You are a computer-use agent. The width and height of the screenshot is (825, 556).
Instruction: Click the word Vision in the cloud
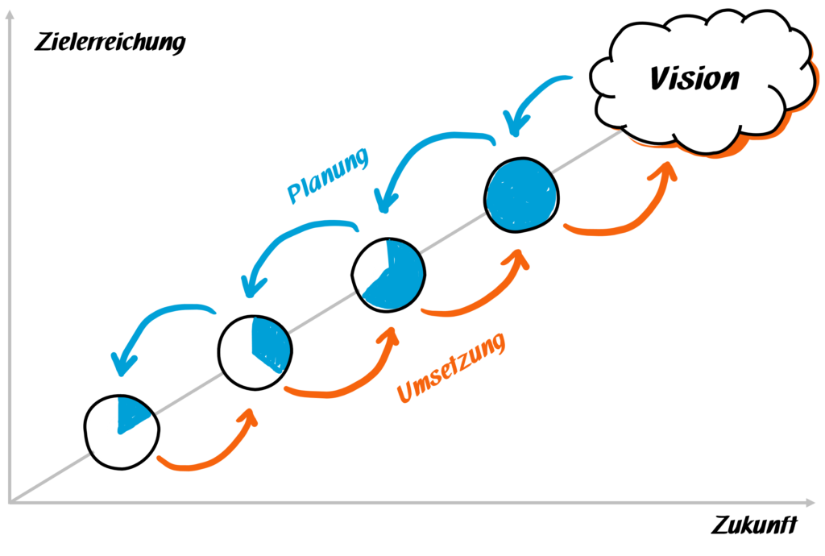pyautogui.click(x=694, y=78)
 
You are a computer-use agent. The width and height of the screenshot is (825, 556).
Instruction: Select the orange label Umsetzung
pyautogui.click(x=451, y=368)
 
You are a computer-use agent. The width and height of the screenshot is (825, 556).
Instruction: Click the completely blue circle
pyautogui.click(x=522, y=193)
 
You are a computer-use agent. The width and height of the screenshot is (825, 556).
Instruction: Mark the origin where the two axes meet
pyautogui.click(x=10, y=502)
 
